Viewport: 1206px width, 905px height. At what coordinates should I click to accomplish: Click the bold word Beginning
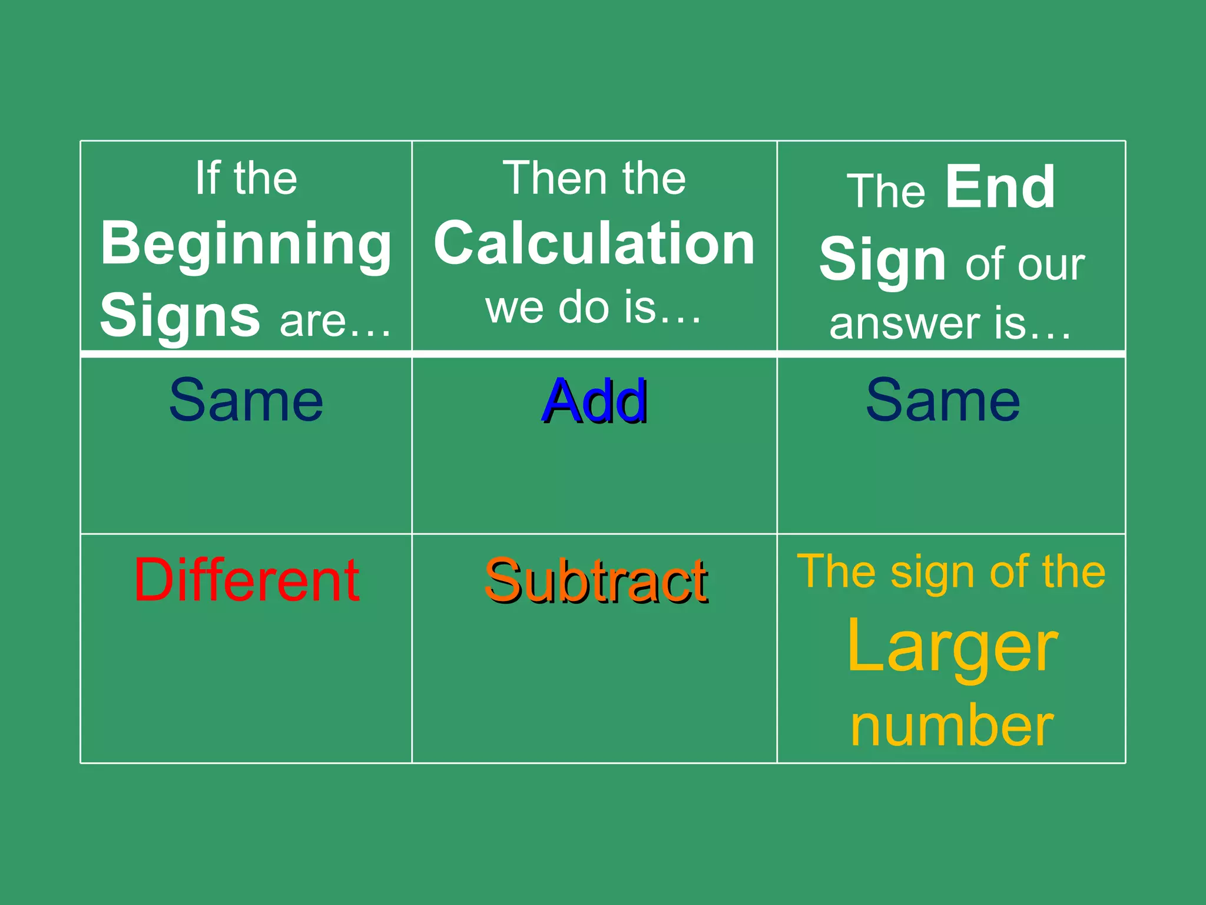click(246, 244)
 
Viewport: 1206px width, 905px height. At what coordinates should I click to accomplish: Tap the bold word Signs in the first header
click(180, 316)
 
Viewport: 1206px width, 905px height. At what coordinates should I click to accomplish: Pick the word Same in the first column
click(246, 401)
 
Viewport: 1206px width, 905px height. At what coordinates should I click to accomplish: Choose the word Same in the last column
click(943, 401)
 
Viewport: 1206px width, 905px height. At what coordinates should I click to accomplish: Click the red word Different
click(247, 580)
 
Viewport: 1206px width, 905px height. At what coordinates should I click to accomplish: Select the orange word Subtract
click(595, 582)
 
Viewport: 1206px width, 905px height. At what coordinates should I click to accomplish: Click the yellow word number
click(952, 726)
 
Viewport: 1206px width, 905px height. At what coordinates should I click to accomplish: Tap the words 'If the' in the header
click(246, 178)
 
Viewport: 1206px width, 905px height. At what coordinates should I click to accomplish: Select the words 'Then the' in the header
click(594, 178)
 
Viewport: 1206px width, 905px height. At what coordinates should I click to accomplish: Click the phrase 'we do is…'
click(594, 308)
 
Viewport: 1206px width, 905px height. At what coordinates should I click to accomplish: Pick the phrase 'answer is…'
click(950, 323)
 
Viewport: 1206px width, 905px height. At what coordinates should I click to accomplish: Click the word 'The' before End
click(886, 191)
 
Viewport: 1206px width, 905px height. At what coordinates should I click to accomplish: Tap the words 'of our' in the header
click(1025, 265)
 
